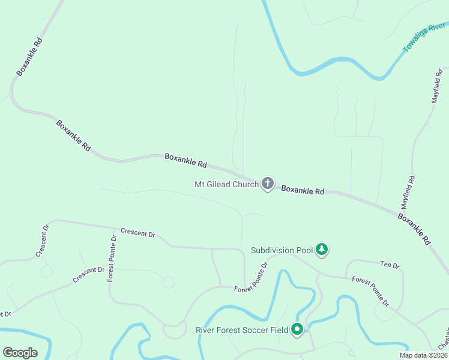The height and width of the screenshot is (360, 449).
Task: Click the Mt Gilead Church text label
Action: [226, 184]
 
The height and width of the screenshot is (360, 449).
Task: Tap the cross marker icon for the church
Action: [267, 184]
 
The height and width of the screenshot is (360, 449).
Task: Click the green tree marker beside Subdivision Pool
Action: [322, 249]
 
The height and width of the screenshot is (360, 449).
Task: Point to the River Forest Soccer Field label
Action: [242, 330]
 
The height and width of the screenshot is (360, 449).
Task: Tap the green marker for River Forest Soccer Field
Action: [297, 329]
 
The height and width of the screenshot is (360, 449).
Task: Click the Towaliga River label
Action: [425, 37]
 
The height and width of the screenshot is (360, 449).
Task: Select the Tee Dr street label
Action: [390, 265]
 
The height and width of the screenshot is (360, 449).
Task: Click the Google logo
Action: [20, 353]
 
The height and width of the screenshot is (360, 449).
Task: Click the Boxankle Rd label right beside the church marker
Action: [303, 190]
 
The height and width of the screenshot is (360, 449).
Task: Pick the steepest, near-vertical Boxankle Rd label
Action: [29, 57]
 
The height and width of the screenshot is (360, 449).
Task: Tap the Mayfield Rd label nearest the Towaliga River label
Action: [436, 86]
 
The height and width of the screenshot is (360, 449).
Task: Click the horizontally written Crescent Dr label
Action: [137, 233]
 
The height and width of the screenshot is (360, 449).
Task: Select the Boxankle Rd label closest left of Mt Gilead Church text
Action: [185, 160]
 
